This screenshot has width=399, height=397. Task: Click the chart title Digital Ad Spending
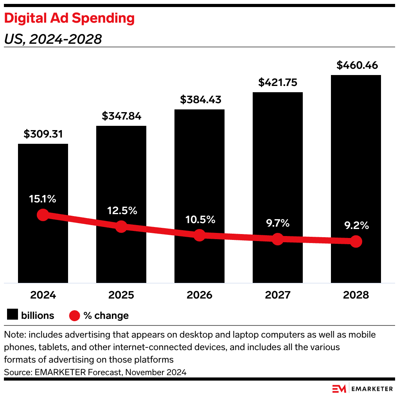pos(69,18)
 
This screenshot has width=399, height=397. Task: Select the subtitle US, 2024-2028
pos(53,39)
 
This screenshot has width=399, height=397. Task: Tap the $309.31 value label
pos(43,134)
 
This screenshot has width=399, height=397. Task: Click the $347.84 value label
pos(121,116)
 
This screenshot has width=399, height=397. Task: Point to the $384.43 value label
pos(199,100)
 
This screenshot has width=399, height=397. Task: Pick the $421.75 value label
pos(278,82)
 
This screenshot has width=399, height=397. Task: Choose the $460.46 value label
pos(356,65)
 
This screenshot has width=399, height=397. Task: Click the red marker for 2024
pos(43,215)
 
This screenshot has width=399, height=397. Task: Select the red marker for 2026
pos(199,235)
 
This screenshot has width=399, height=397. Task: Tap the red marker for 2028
pos(356,241)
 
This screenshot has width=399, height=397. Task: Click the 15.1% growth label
pos(43,199)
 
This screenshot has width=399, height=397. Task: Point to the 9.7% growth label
pos(277,223)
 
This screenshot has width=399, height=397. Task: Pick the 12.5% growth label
pos(122,211)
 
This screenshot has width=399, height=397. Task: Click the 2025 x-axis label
pos(121,295)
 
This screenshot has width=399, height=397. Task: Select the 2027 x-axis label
pos(278,295)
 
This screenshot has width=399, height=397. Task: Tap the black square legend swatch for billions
pos(12,315)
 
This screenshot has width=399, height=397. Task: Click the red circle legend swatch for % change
pos(75,315)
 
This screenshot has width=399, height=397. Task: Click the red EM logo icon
pos(339,389)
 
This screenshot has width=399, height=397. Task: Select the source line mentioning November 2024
pos(95,372)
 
